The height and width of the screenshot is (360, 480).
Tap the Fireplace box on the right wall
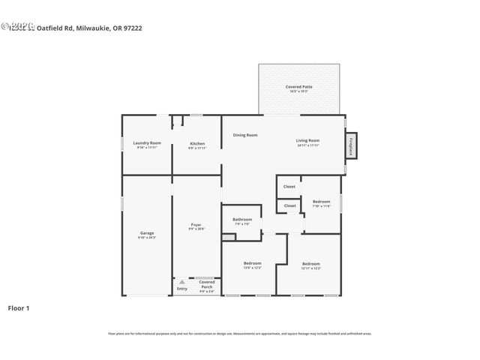350,146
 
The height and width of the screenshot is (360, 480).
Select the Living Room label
307,141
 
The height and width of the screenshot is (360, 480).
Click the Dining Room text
245,135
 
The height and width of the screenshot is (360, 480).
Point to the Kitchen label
197,144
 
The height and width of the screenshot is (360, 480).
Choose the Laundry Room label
147,143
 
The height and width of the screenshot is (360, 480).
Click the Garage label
147,233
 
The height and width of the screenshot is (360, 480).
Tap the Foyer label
196,225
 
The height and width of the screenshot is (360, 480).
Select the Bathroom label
242,220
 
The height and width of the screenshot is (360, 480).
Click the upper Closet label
289,187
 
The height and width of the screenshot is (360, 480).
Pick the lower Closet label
289,205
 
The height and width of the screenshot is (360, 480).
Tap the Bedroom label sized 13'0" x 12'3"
252,264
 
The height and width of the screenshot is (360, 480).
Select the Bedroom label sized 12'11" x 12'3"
310,264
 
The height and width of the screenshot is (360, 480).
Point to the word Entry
182,289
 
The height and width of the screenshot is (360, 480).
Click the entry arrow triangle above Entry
181,282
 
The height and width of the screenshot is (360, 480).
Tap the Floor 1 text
19,307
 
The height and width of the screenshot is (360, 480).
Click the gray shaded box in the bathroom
229,237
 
